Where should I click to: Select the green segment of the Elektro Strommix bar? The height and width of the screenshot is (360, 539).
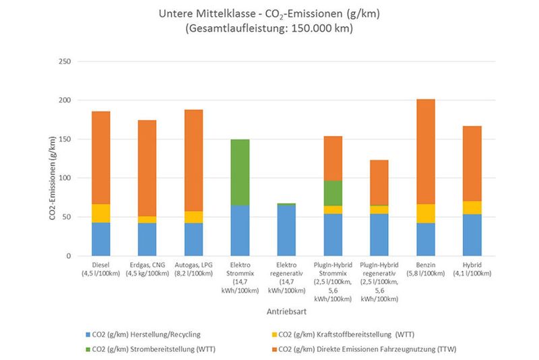(241, 172)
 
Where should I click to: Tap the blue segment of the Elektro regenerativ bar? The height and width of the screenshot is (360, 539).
(287, 230)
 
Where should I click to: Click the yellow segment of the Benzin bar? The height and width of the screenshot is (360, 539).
(426, 213)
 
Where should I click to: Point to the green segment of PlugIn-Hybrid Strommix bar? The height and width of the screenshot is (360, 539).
(334, 193)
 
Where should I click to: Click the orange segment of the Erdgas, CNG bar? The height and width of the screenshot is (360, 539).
(148, 168)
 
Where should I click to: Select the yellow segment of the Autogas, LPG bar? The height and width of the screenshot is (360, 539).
(194, 216)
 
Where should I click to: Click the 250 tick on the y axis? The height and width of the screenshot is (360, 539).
(65, 61)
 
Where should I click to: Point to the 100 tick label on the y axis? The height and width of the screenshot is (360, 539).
(65, 179)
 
